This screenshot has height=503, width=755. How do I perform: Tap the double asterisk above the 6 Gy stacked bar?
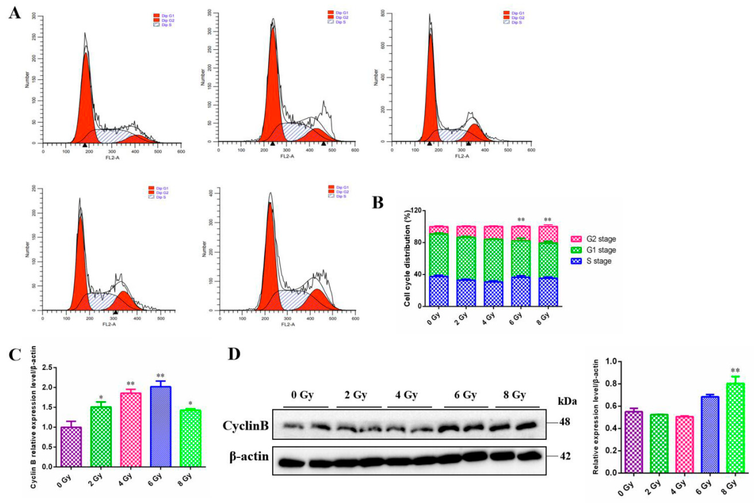pyautogui.click(x=521, y=220)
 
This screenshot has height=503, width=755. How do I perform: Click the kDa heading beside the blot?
pyautogui.click(x=567, y=401)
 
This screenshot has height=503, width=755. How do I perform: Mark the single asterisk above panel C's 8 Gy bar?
pyautogui.click(x=190, y=404)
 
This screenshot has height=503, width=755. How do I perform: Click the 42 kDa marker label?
pyautogui.click(x=565, y=456)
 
